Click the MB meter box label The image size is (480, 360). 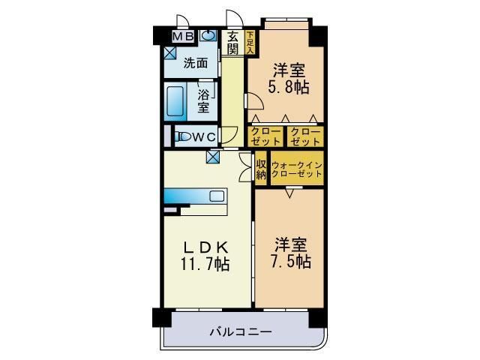(x=184, y=36)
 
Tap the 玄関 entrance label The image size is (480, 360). (x=233, y=42)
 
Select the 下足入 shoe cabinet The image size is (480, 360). (x=250, y=42)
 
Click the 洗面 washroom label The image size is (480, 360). (x=196, y=64)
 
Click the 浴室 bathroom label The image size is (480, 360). (x=204, y=101)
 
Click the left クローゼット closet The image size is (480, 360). (x=266, y=136)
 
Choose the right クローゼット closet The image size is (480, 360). (x=305, y=136)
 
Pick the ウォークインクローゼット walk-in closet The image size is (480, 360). (x=297, y=169)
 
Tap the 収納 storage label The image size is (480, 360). (x=261, y=169)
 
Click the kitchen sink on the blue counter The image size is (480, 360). (x=217, y=196)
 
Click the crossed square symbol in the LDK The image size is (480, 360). (x=214, y=157)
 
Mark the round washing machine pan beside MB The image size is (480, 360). (x=206, y=35)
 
